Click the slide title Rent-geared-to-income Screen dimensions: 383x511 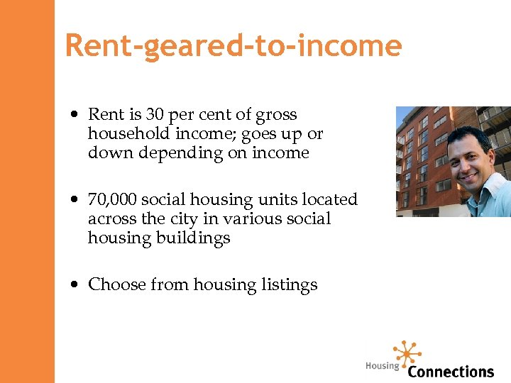point(233,46)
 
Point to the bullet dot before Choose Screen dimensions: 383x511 point(75,285)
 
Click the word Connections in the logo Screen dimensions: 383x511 point(451,371)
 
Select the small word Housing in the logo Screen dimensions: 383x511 point(382,366)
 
